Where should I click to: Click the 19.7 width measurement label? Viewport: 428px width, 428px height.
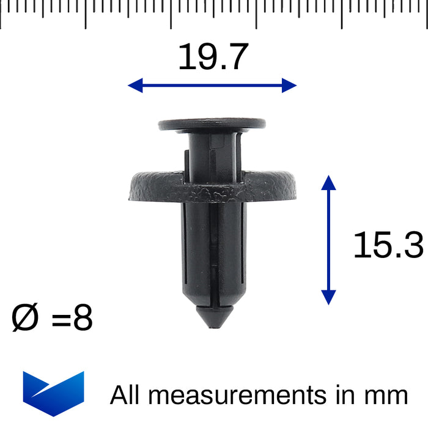pos(213,57)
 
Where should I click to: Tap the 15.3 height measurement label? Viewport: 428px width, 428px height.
pos(388,246)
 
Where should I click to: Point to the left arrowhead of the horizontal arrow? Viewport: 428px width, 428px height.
pos(133,86)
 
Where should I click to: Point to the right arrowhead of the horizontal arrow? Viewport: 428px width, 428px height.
pos(291,86)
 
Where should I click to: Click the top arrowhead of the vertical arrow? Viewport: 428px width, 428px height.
pos(328,182)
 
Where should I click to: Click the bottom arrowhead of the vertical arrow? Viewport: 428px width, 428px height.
pos(328,297)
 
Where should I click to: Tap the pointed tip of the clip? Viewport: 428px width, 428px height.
pos(212,324)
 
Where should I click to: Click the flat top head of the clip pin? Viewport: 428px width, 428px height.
pos(212,125)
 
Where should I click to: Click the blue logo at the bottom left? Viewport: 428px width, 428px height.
pos(53,393)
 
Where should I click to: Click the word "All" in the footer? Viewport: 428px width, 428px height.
pos(125,395)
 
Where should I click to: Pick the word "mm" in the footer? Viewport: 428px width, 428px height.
pos(387,396)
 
